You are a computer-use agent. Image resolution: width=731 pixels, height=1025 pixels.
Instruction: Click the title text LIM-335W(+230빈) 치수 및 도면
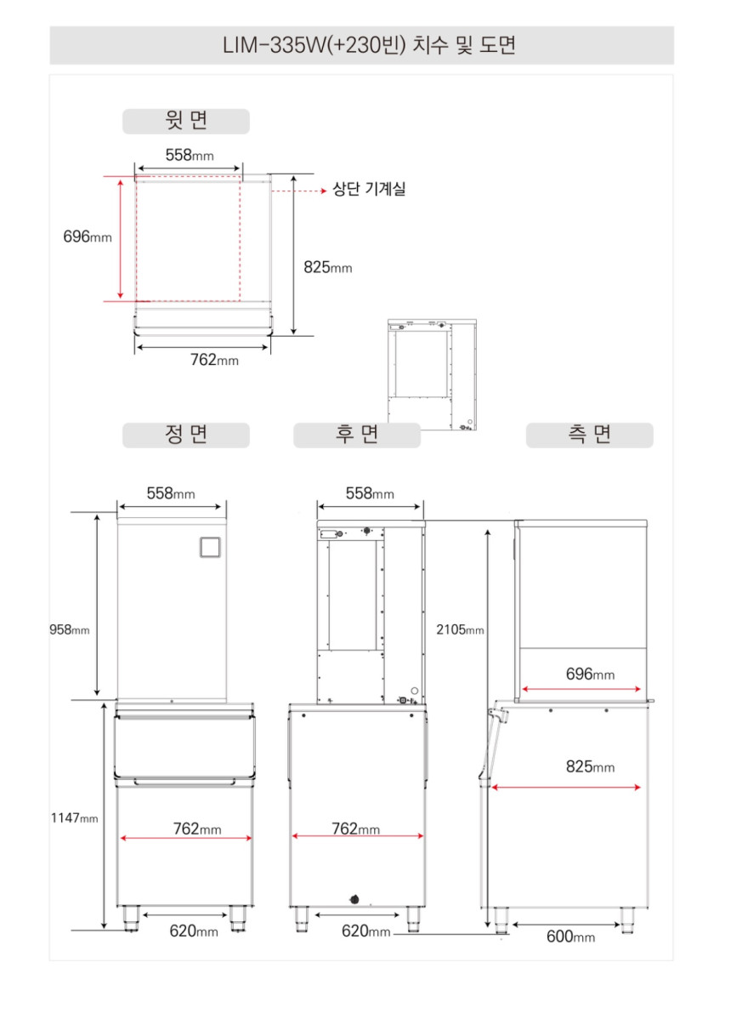369,45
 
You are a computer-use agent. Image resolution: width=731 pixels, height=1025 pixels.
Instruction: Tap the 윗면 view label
186,120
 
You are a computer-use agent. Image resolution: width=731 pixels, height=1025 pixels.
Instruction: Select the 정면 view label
186,435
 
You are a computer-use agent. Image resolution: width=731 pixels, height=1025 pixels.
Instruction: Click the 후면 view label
357,435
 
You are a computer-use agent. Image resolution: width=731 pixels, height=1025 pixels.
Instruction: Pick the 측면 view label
589,435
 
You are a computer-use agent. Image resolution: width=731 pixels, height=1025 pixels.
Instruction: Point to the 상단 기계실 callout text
369,189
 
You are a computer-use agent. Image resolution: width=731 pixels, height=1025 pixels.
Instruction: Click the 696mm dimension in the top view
88,236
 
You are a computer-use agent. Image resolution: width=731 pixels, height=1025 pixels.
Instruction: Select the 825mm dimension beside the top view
328,267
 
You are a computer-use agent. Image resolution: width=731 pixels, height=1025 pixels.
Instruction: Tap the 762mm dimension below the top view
214,360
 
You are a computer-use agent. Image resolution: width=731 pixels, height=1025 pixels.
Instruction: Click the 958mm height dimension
70,629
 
